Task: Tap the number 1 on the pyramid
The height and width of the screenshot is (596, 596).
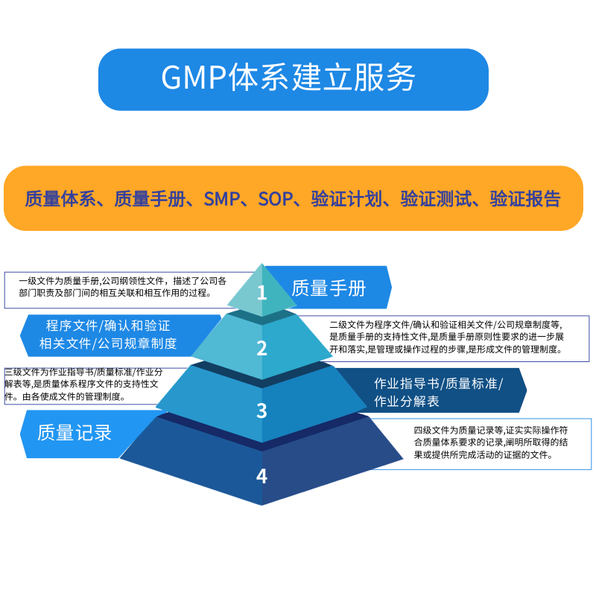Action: click(261, 293)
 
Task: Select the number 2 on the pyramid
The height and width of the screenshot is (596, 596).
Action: click(261, 348)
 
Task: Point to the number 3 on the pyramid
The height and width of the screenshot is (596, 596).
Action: click(261, 410)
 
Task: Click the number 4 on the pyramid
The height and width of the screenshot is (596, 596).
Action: click(261, 475)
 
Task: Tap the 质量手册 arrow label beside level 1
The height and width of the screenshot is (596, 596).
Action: click(329, 288)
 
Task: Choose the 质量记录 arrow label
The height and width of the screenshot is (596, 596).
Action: click(74, 432)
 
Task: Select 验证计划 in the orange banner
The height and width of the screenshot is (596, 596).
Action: click(346, 199)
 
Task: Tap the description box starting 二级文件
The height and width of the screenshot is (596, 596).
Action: click(457, 336)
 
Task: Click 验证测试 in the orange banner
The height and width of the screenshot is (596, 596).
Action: click(436, 199)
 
